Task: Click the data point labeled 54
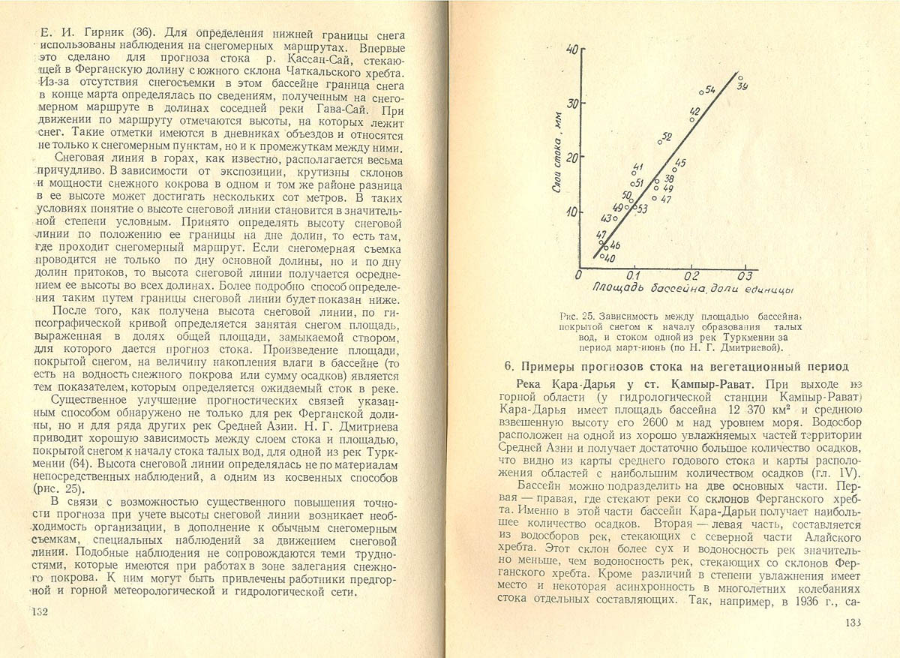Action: pos(701,92)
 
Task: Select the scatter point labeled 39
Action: pos(740,77)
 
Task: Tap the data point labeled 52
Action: pos(660,141)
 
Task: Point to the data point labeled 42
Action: pos(691,120)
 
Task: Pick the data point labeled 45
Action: pos(674,170)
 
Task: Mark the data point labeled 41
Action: pos(634,173)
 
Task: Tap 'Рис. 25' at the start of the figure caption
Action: pos(577,316)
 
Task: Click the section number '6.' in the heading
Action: pos(508,366)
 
